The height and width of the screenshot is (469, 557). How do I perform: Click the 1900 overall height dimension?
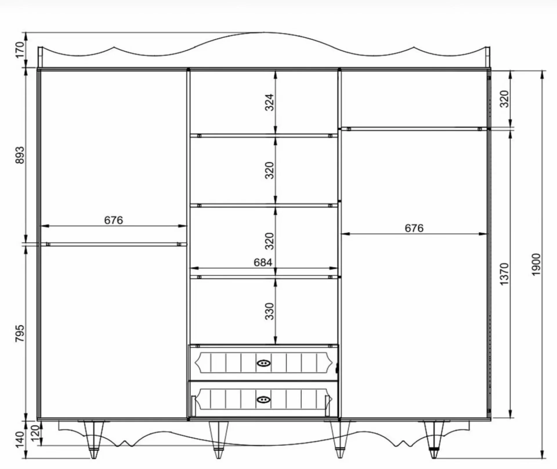point(537,265)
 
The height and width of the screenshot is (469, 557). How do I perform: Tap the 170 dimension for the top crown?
point(20,50)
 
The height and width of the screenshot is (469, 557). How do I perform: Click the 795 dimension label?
point(20,333)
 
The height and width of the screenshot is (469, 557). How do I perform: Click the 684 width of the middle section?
point(263,263)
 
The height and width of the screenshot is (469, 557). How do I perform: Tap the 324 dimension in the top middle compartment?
point(270,102)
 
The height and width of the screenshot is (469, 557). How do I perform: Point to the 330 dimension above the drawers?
point(270,311)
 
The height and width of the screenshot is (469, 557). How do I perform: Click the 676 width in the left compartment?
point(113,220)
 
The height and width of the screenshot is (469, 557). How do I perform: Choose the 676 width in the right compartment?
point(414,228)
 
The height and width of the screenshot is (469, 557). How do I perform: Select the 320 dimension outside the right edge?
point(504,99)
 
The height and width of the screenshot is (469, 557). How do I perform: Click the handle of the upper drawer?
point(264,363)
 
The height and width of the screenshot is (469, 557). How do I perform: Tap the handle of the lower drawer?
point(264,400)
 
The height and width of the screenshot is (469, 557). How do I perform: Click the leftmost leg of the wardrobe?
point(93,439)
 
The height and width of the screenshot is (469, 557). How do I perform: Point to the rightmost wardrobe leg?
point(434,439)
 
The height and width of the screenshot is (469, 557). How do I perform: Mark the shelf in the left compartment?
point(113,244)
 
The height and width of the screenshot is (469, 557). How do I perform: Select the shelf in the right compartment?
point(414,129)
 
